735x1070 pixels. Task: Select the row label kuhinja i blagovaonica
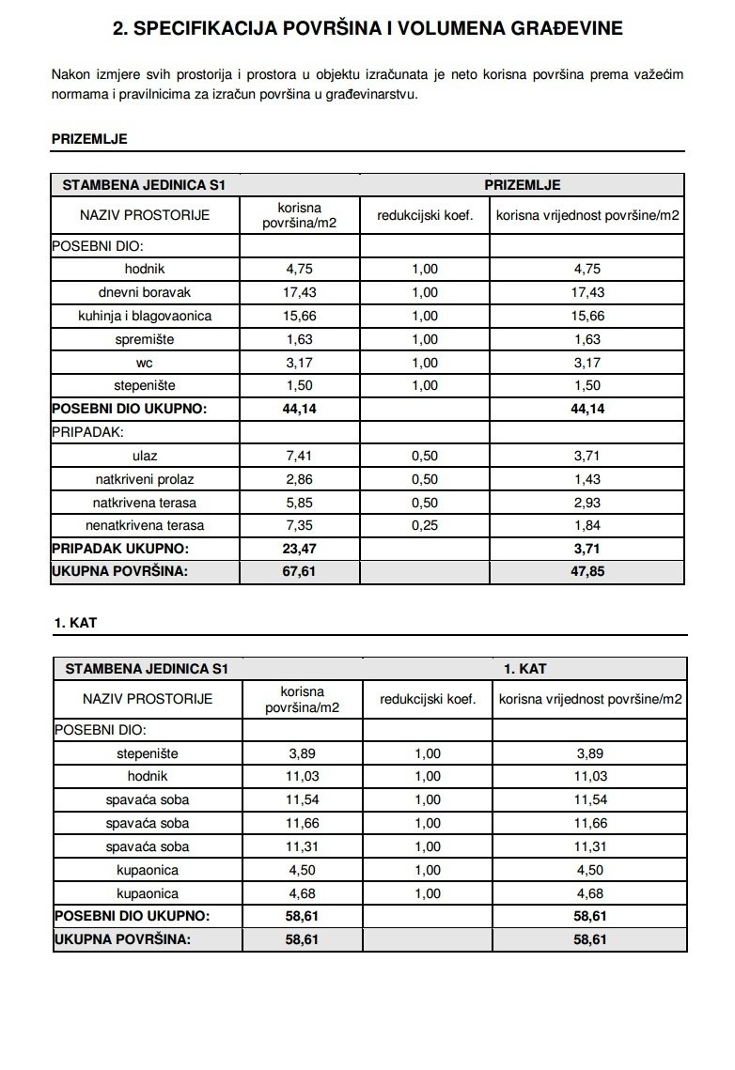[x=145, y=316]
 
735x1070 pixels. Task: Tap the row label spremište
[x=145, y=339]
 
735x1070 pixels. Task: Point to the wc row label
[x=145, y=362]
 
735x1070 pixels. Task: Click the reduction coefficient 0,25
[x=424, y=525]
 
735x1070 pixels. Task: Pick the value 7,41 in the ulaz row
[x=300, y=456]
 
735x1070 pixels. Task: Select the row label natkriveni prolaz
[x=145, y=479]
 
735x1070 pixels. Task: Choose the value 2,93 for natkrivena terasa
[x=587, y=503]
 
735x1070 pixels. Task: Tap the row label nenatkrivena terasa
[x=145, y=525]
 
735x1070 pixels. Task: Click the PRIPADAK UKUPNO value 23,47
[x=300, y=549]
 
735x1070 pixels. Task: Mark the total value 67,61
[x=300, y=572]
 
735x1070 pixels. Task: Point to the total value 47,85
[x=587, y=572]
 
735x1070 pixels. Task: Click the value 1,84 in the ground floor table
[x=587, y=525]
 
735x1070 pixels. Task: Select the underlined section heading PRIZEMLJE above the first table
[x=89, y=139]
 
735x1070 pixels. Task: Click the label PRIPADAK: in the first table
[x=87, y=432]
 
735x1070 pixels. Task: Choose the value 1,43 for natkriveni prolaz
[x=587, y=479]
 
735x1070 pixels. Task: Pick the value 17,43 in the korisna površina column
[x=300, y=292]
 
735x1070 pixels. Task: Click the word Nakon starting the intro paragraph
[x=70, y=74]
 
